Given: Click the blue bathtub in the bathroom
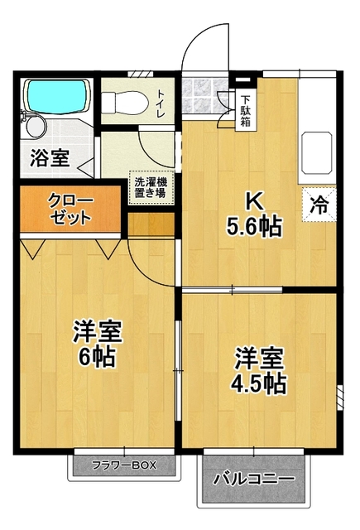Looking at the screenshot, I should point(55,97).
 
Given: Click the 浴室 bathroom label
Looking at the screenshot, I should point(50,157).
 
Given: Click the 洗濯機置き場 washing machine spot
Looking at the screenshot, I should point(150,187).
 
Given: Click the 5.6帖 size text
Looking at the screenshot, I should point(256,225).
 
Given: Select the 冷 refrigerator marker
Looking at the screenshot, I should point(318,205).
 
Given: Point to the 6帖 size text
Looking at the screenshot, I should point(97,358).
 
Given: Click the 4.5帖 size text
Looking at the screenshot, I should point(259,383).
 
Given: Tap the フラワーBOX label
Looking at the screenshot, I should point(124,465).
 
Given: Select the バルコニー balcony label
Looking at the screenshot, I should point(253,479).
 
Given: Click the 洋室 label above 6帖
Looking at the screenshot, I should point(97,332).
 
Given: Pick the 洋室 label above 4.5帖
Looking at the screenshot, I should point(259,359).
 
